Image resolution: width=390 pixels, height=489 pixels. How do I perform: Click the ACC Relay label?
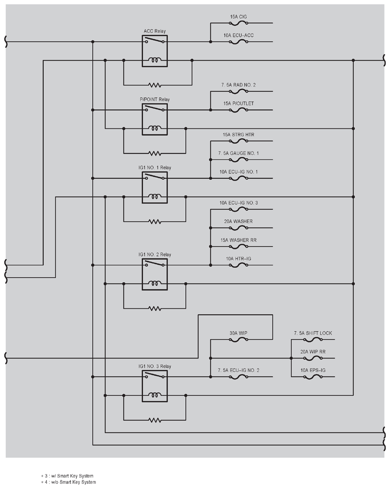click(x=155, y=31)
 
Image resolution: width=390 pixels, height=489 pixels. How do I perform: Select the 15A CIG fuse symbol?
click(x=239, y=23)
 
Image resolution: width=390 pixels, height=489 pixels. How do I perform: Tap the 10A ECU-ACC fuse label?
click(x=238, y=35)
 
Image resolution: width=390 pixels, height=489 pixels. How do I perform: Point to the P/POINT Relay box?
click(x=155, y=120)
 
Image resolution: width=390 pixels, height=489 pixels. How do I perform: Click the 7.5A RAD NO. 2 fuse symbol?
click(x=239, y=91)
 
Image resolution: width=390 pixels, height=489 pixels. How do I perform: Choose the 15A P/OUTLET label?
click(x=238, y=104)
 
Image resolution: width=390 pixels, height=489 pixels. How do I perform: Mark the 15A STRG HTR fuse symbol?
click(x=239, y=141)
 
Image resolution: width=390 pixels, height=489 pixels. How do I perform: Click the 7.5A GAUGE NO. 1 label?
click(x=238, y=153)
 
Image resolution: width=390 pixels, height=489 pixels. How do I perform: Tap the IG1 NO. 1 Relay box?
click(x=155, y=187)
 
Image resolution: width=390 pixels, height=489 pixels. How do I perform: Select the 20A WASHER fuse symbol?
click(x=239, y=228)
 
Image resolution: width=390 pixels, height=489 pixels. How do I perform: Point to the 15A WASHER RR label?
click(x=238, y=240)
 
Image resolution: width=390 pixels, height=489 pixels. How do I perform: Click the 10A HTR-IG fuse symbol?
click(x=239, y=265)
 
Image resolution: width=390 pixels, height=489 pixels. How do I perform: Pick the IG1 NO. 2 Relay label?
click(x=155, y=254)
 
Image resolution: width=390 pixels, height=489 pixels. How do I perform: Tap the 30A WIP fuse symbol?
click(x=239, y=339)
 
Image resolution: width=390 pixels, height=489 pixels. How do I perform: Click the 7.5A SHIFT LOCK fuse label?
click(x=313, y=333)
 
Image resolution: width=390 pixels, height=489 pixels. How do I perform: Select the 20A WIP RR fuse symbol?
click(x=313, y=358)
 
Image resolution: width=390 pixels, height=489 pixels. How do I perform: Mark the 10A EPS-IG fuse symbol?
click(x=313, y=377)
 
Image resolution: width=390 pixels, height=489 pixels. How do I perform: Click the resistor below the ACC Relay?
click(x=155, y=85)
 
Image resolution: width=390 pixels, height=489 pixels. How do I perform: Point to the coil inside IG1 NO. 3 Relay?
click(x=155, y=395)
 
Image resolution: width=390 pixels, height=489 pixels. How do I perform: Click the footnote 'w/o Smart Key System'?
click(x=70, y=482)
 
